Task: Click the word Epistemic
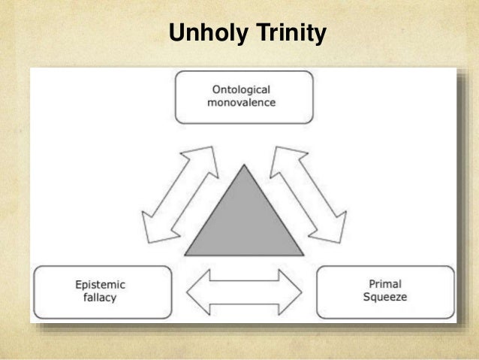100,285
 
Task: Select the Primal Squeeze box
385,292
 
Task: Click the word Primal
385,285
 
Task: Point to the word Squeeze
385,298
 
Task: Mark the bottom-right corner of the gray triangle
302,256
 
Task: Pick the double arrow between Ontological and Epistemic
179,195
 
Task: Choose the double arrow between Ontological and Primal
308,195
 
